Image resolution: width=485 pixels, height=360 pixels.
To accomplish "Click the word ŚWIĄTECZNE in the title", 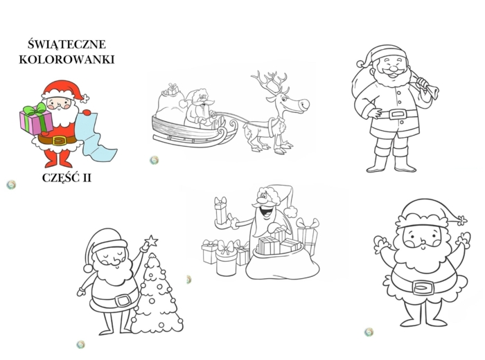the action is pyautogui.click(x=67, y=44).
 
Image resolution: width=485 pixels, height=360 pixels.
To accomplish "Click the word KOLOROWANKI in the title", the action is pyautogui.click(x=67, y=60).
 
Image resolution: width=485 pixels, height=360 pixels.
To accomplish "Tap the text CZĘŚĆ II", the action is pyautogui.click(x=67, y=178).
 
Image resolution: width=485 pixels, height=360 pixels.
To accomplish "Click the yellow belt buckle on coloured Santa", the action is pyautogui.click(x=60, y=141).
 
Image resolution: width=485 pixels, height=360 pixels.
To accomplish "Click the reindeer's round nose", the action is pyautogui.click(x=303, y=104).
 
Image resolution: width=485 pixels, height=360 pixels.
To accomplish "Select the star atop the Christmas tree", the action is pyautogui.click(x=152, y=241).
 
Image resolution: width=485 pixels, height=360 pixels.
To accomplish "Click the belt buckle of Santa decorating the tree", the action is pyautogui.click(x=123, y=300).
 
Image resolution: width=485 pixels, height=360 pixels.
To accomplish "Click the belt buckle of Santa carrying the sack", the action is pyautogui.click(x=397, y=115).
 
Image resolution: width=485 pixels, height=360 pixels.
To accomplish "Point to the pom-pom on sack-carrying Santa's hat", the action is pyautogui.click(x=361, y=64).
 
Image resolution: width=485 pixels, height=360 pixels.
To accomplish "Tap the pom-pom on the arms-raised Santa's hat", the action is pyautogui.click(x=462, y=221).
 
